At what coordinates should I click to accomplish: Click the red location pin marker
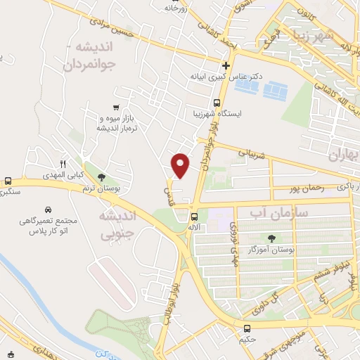point(181,165)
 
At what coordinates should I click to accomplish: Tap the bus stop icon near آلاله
point(195,217)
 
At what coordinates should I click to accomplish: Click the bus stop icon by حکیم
point(247,328)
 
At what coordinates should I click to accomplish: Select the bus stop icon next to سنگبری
point(8,180)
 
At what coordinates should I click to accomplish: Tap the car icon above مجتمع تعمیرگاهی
point(47,210)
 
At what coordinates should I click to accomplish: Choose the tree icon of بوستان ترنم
point(101,178)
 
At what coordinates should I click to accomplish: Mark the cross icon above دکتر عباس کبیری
point(226,65)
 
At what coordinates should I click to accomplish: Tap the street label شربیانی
point(253,151)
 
